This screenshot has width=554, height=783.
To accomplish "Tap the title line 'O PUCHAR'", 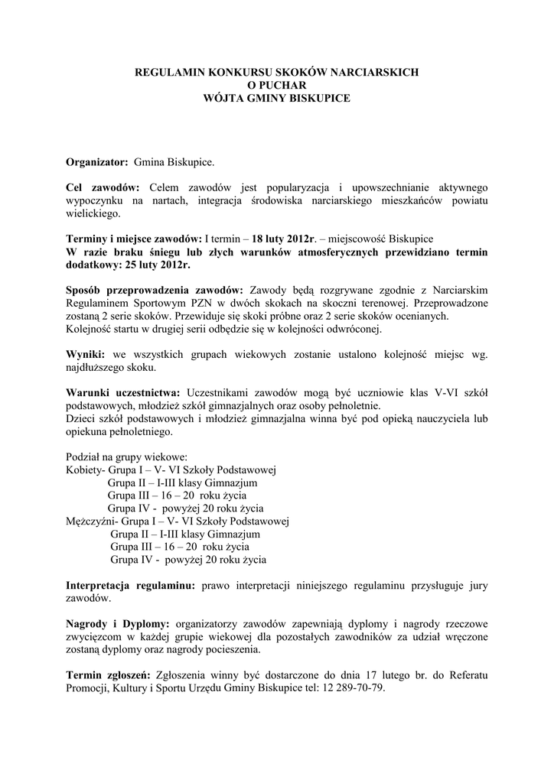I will pos(276,85).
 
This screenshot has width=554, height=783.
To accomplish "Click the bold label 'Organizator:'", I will pos(97,163).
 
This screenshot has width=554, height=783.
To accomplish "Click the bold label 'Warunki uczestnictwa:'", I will pos(123,392).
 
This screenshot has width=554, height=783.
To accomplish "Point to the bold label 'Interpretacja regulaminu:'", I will pos(131,586).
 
